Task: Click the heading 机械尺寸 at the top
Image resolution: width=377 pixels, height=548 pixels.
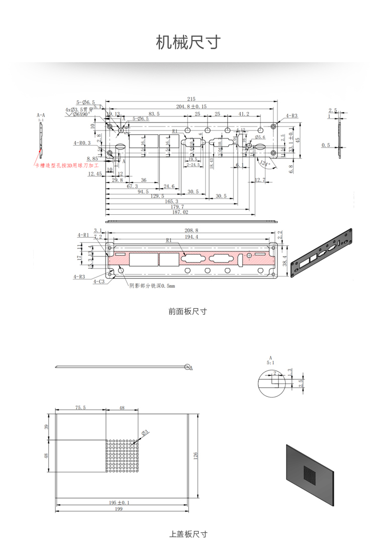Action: [188, 42]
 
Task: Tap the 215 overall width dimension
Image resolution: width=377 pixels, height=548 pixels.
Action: [191, 99]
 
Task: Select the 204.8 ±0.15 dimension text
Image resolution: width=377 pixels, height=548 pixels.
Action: [191, 106]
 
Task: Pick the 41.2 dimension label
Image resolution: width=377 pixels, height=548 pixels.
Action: [244, 114]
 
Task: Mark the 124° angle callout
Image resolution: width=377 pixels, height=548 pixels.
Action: [265, 164]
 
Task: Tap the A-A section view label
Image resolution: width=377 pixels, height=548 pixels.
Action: [41, 115]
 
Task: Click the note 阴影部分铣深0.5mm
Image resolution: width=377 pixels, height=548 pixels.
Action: [152, 286]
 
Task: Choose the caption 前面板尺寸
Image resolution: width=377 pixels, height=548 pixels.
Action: [188, 312]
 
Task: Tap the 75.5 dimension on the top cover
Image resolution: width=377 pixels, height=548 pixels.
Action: [80, 407]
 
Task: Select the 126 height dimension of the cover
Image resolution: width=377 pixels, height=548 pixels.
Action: [196, 455]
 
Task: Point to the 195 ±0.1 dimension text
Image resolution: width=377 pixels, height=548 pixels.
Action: [119, 502]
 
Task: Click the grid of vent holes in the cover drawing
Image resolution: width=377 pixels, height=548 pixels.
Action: [122, 456]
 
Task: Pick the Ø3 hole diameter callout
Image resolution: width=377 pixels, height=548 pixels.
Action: [145, 432]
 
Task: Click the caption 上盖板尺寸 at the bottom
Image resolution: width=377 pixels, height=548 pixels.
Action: [188, 534]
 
